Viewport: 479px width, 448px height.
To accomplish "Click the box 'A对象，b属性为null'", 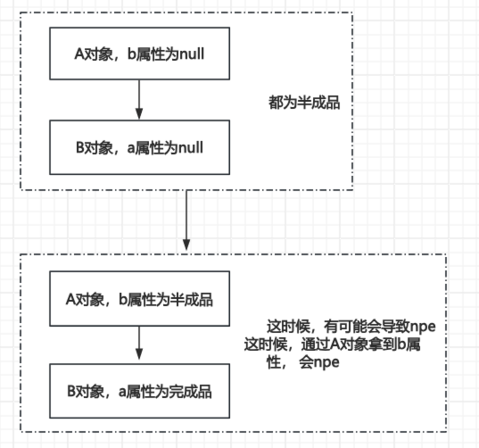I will coord(140,55).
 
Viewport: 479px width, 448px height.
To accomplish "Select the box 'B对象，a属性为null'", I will coord(140,146).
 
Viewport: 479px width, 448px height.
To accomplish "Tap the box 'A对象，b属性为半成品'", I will coord(140,298).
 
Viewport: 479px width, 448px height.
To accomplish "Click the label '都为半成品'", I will coord(305,103).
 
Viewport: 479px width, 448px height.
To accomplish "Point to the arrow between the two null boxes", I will coord(140,101).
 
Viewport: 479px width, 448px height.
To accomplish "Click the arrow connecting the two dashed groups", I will coord(186,220).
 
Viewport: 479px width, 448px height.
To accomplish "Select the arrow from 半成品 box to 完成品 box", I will coord(140,344).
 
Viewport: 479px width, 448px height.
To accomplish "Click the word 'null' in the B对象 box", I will coord(191,146).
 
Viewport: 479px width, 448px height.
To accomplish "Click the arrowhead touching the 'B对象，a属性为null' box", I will coord(140,115).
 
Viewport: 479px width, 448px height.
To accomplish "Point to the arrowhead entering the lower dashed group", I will coord(186,245).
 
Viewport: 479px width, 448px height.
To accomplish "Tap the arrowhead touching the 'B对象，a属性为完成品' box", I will coord(140,358).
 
